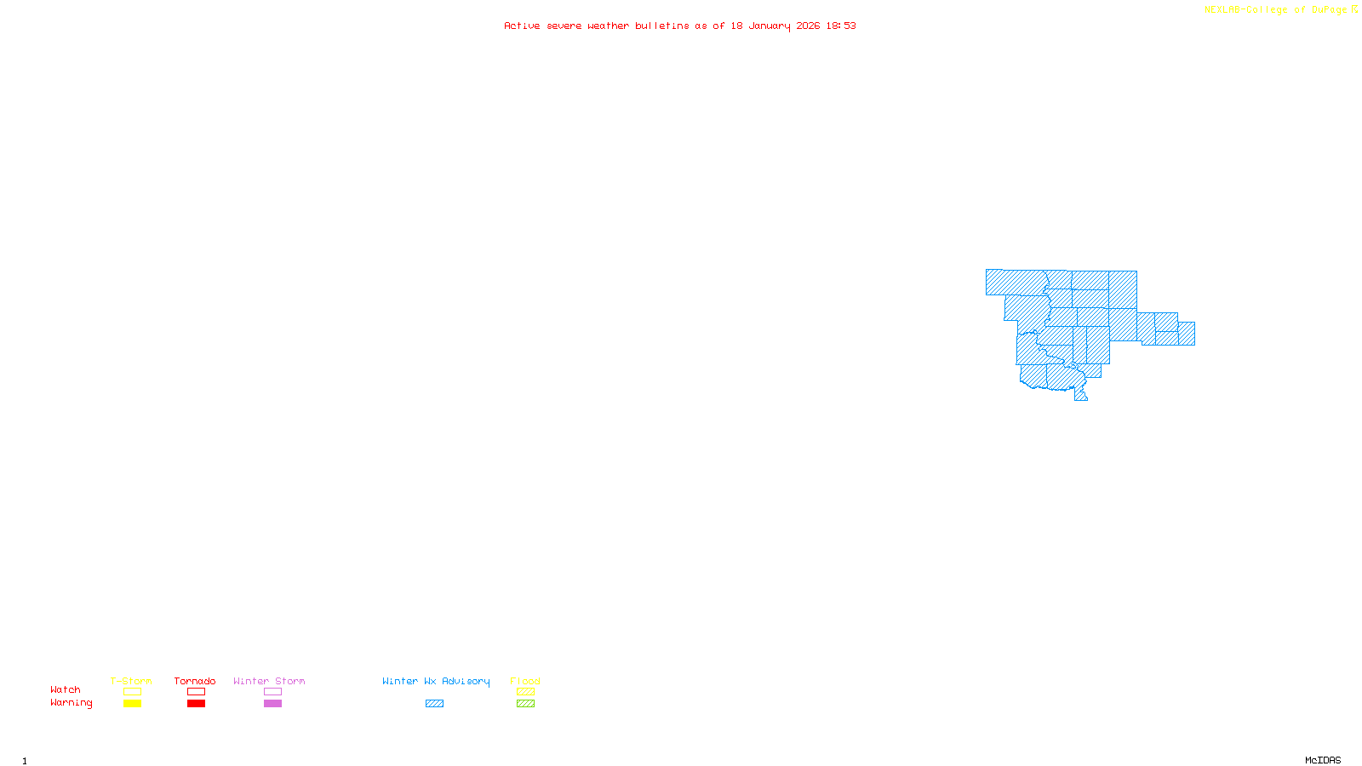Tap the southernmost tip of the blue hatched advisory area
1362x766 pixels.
pyautogui.click(x=1081, y=397)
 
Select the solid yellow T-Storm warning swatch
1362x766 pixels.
pyautogui.click(x=132, y=704)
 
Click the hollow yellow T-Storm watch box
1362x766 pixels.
pyautogui.click(x=132, y=692)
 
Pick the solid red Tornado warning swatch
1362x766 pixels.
pyautogui.click(x=196, y=704)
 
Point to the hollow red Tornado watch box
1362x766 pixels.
pyautogui.click(x=196, y=692)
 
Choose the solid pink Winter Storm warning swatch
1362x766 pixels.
pyautogui.click(x=272, y=704)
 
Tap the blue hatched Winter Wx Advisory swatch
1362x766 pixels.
pyautogui.click(x=434, y=704)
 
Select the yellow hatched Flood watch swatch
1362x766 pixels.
pyautogui.click(x=525, y=692)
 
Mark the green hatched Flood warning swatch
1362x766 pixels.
pyautogui.click(x=525, y=704)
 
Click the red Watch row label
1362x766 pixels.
pyautogui.click(x=66, y=690)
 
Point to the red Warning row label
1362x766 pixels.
pyautogui.click(x=71, y=703)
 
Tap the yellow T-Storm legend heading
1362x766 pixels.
pyautogui.click(x=131, y=681)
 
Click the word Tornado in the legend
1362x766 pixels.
pyautogui.click(x=195, y=681)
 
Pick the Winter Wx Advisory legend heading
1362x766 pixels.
pyautogui.click(x=436, y=681)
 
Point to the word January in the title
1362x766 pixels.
pyautogui.click(x=769, y=26)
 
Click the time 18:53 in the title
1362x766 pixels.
pyautogui.click(x=841, y=26)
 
